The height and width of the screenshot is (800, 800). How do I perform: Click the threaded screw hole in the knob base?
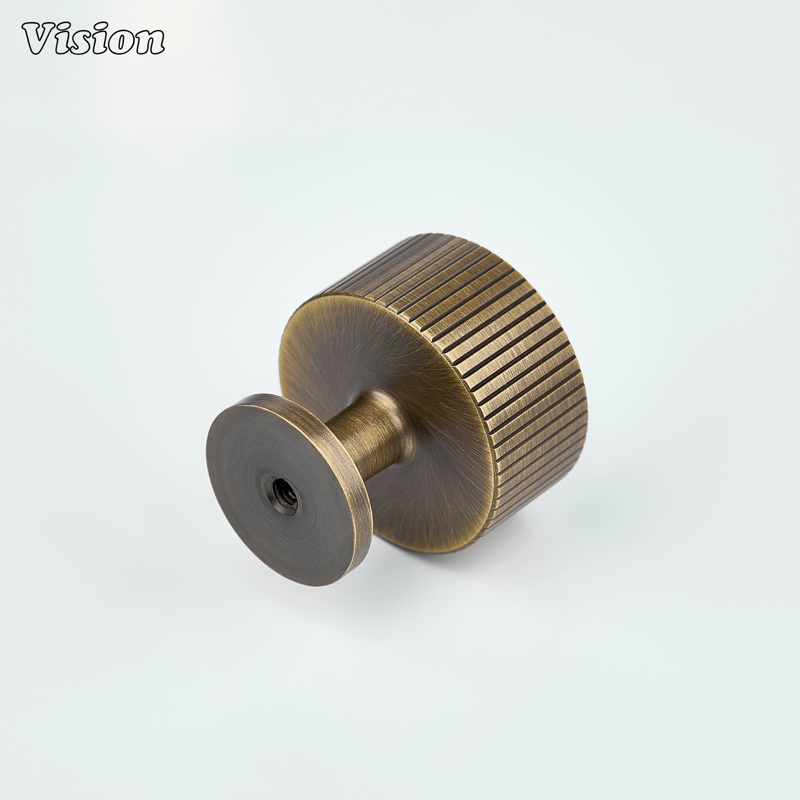pyautogui.click(x=285, y=491)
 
